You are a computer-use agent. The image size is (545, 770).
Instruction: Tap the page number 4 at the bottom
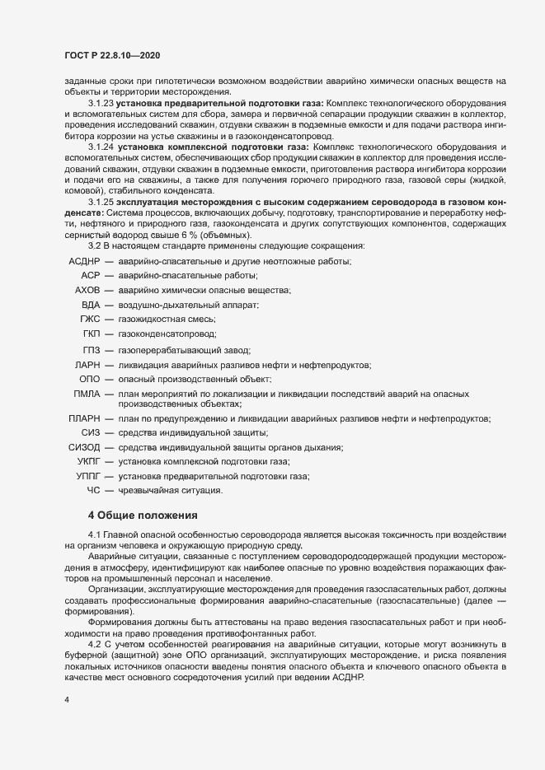coord(66,700)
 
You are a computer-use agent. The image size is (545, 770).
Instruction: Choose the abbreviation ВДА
coord(91,305)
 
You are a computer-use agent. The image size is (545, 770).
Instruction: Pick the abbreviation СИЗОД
coord(83,447)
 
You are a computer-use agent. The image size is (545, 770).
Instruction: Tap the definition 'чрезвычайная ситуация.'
coord(170,491)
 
